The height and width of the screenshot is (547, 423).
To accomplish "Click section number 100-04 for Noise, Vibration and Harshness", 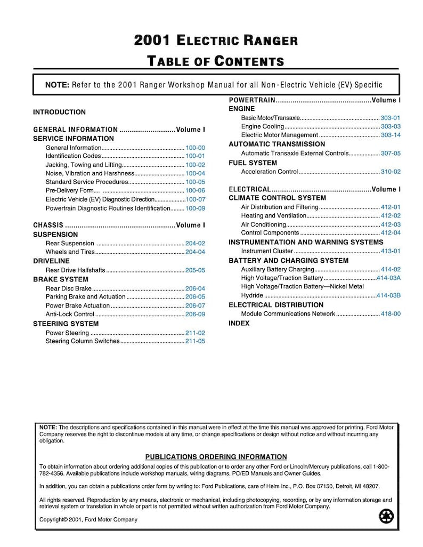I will tap(195, 173).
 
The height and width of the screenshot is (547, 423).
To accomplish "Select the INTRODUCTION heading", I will tap(59, 112).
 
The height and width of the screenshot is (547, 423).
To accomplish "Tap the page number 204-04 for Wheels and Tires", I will tap(195, 252).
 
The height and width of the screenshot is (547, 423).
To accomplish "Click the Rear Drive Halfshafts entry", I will tap(75, 270).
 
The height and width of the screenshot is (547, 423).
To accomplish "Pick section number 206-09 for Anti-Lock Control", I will tap(195, 314).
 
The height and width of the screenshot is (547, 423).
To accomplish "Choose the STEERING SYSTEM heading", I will tap(66, 324).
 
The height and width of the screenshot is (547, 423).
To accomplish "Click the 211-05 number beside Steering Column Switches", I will tap(195, 341).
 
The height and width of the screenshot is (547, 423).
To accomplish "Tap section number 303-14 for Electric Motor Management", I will tap(391, 135).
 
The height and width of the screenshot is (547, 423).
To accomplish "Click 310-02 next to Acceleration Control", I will tap(391, 172).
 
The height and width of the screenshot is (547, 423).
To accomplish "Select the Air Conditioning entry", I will tap(264, 224).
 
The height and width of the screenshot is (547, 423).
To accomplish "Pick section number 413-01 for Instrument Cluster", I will tap(391, 251).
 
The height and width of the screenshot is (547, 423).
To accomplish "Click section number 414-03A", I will tap(388, 278).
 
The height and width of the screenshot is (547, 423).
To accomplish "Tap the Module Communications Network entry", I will tap(288, 313).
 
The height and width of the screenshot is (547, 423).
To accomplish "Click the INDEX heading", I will tap(239, 323).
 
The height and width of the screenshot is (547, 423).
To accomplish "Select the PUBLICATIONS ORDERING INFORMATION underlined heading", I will tap(216, 457).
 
